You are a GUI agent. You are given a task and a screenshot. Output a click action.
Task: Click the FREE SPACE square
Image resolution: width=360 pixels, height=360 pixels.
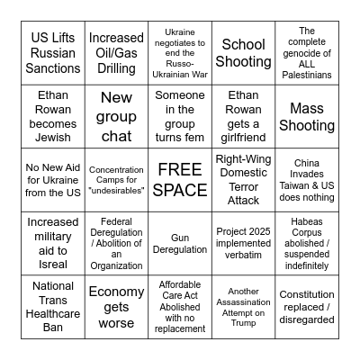coord(180,180)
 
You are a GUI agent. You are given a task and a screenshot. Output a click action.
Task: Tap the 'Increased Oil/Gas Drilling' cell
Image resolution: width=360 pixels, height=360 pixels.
coord(116,53)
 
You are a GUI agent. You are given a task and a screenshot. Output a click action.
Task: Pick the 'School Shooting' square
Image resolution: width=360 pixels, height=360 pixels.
coord(243,53)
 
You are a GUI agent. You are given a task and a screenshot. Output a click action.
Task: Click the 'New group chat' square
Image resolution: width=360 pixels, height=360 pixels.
coord(116,117)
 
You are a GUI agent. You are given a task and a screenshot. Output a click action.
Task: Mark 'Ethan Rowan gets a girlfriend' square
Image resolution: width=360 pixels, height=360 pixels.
coord(243,117)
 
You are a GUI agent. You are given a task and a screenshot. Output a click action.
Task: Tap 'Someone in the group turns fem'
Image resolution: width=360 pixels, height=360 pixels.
coord(180,117)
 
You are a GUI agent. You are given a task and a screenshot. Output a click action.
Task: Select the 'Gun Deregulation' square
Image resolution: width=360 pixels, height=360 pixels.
coord(180,244)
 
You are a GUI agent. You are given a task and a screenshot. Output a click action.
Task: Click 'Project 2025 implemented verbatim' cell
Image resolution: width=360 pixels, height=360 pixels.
coord(243,244)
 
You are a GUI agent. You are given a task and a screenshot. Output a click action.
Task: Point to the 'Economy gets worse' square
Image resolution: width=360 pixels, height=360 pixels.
coord(116,307)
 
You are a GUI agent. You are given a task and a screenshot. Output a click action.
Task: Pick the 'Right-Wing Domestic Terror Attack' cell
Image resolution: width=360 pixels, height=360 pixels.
coord(243,180)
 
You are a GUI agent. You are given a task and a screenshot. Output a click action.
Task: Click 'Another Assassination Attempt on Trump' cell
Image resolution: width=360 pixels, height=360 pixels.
coord(243,307)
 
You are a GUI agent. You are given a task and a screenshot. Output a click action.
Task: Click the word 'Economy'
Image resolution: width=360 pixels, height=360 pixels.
coord(116,292)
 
